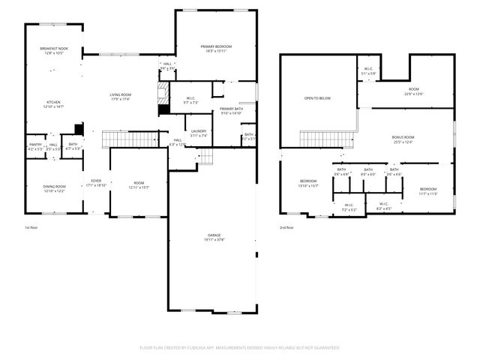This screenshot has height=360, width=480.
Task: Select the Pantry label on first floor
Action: pos(35,145)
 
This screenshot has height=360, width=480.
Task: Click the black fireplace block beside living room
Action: pos(163,109)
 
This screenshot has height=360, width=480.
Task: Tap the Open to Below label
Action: pos(317,98)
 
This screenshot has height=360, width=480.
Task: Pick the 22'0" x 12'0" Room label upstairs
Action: pos(414,91)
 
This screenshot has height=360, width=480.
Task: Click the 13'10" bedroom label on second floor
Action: pos(309,183)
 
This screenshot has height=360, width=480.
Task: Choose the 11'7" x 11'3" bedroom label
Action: pos(427,190)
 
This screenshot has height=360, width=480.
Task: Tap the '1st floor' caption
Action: pos(31,227)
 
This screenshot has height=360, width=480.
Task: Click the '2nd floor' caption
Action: pos(286,227)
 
